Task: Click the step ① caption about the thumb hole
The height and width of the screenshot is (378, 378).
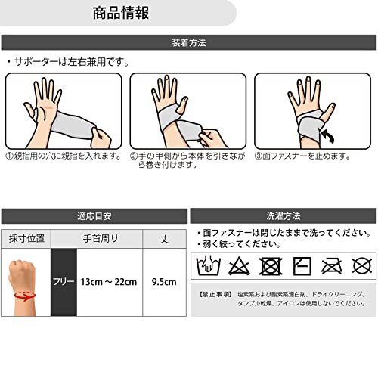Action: point(64,156)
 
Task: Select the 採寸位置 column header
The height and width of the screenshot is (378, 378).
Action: point(25,237)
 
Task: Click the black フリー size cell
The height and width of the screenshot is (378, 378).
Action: point(63,281)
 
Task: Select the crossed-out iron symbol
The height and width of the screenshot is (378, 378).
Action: point(331,265)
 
